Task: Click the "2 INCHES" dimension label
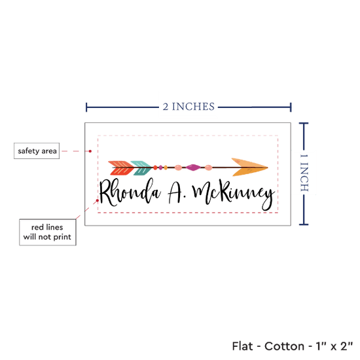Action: (189, 107)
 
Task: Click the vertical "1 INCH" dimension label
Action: (304, 173)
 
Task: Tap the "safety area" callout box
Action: (37, 151)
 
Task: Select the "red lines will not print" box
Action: (48, 232)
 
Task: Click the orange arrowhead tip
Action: (268, 168)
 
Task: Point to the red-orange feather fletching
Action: (121, 168)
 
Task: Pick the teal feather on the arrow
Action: (141, 168)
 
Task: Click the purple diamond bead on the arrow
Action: (193, 168)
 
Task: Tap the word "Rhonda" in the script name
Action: (130, 192)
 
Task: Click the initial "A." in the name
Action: (177, 193)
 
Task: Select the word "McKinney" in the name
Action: (234, 194)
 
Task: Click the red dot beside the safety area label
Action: (90, 151)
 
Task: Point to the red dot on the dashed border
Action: (98, 201)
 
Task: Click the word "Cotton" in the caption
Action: (285, 346)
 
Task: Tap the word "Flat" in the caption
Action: (242, 346)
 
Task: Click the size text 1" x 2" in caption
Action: (334, 346)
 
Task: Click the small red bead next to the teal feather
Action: (155, 168)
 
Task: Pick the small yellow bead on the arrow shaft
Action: (166, 168)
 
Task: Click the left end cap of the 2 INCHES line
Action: (86, 107)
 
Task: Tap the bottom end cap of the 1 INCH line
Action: (304, 225)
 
